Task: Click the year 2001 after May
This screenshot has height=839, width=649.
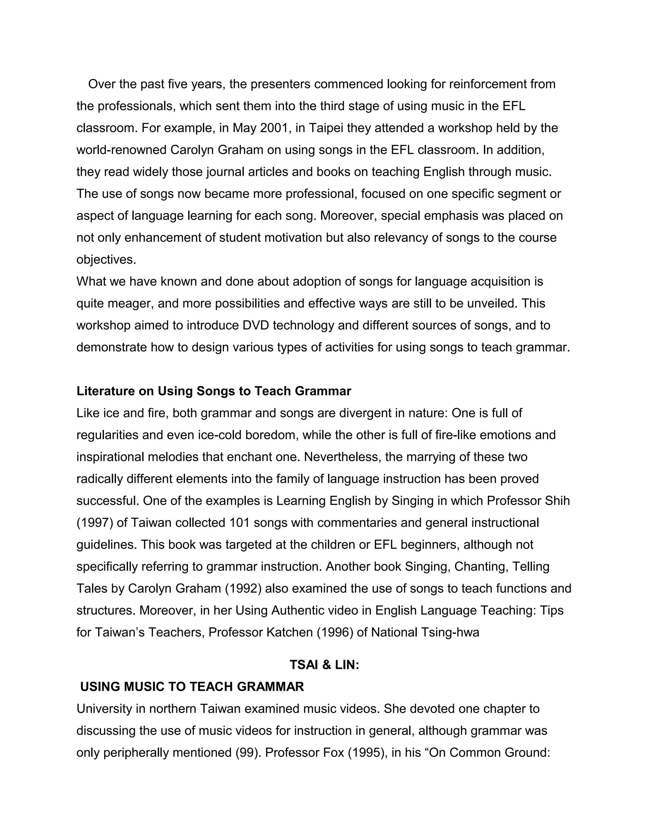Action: (x=274, y=128)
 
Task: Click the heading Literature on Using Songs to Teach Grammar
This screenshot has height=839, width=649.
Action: (x=214, y=391)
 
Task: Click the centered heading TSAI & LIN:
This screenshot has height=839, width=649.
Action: (x=324, y=665)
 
